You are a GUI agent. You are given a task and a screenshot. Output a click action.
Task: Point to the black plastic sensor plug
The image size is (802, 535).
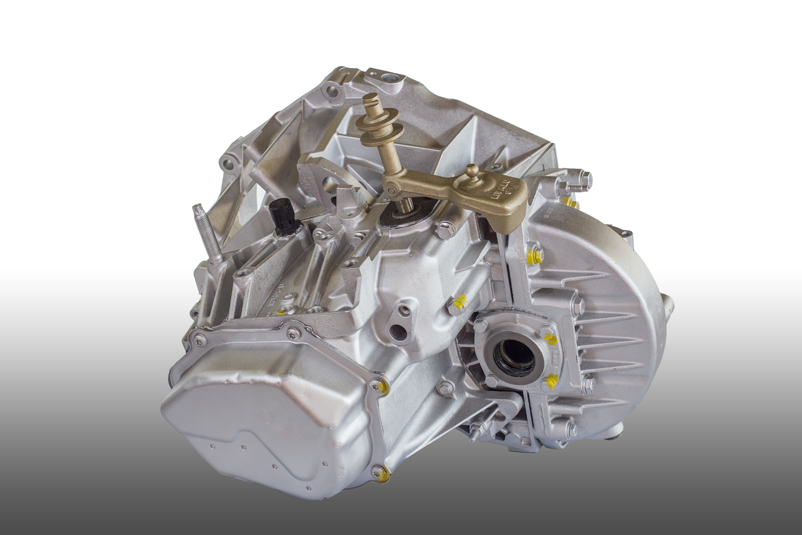pyautogui.click(x=283, y=217)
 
